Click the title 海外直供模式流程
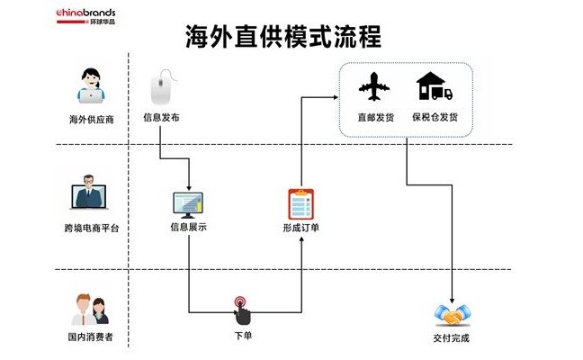click(x=283, y=36)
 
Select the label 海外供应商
click(x=91, y=118)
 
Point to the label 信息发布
click(x=162, y=117)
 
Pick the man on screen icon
click(x=90, y=196)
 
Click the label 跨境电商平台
click(x=91, y=229)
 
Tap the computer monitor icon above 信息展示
click(x=188, y=204)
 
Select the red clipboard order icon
click(x=300, y=203)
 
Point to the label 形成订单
click(x=300, y=228)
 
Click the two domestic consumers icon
click(x=90, y=309)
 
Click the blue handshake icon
click(x=451, y=315)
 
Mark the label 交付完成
click(x=451, y=339)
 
